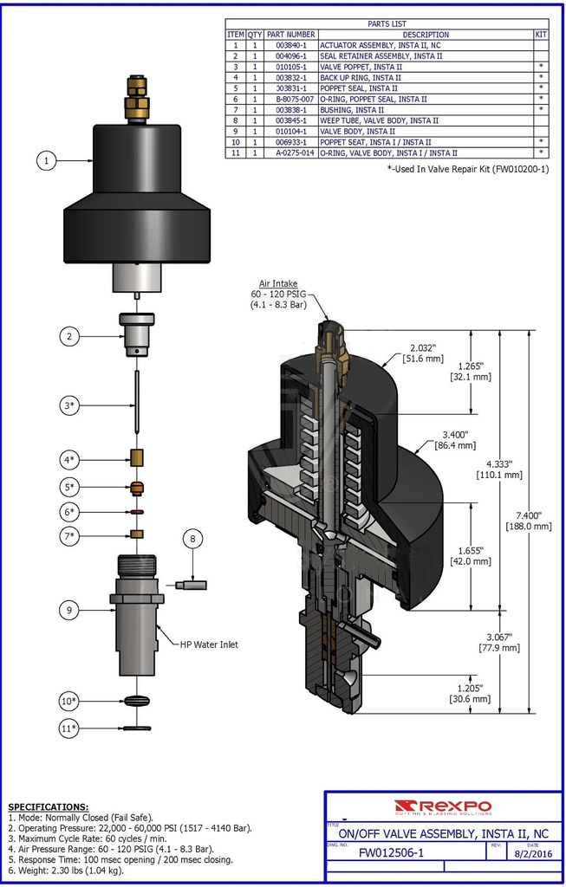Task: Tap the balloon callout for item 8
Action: (192, 539)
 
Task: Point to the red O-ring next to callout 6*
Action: (136, 511)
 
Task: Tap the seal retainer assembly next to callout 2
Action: (136, 333)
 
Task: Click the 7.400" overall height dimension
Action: (535, 520)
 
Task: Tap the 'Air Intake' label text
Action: (278, 283)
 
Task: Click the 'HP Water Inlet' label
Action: (209, 644)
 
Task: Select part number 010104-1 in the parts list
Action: (290, 131)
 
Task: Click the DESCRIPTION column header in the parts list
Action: (426, 34)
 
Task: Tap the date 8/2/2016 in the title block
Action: (532, 853)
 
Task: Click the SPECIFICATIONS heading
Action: (48, 806)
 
